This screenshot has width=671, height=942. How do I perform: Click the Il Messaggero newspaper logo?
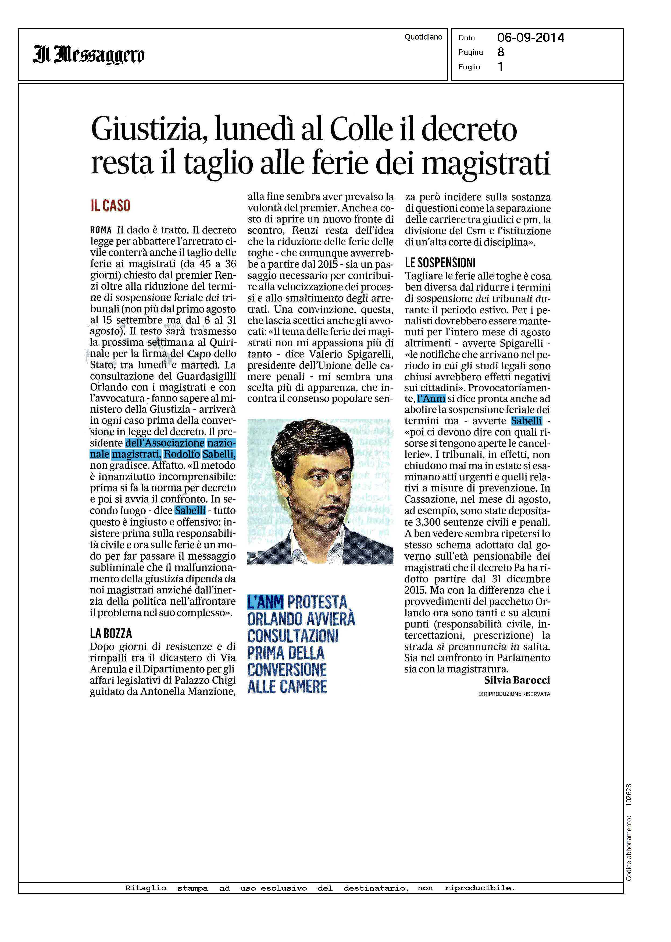tap(89, 55)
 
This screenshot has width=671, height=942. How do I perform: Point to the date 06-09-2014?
tap(530, 38)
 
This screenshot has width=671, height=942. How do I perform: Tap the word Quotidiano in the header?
tap(423, 37)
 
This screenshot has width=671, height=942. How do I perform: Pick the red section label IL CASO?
tap(110, 206)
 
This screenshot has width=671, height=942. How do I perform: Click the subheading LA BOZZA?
tap(111, 633)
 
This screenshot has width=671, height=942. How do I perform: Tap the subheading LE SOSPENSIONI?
tap(440, 263)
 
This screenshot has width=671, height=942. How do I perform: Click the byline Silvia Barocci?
tap(517, 680)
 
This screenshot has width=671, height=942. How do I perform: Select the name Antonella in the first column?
tap(164, 692)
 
